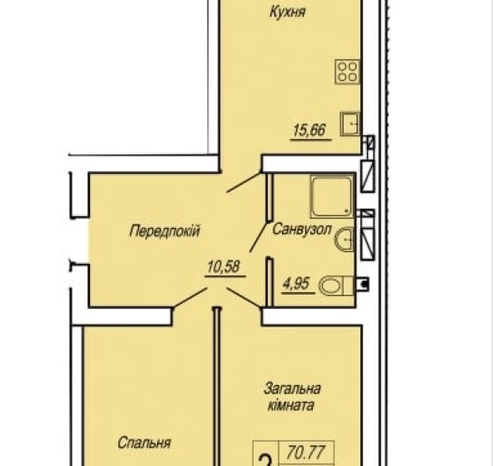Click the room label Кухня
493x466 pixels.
(287, 13)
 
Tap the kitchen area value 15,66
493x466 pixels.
(309, 129)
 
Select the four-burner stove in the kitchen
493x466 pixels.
(347, 72)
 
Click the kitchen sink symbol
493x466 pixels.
(350, 124)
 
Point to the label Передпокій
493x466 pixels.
(164, 230)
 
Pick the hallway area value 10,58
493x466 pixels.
(224, 266)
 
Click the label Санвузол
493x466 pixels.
(301, 229)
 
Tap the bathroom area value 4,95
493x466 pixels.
(296, 283)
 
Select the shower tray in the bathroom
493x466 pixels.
(332, 197)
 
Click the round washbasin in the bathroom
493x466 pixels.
(345, 239)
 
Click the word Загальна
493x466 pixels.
(292, 388)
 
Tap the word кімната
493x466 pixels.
(290, 405)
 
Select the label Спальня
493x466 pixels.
(144, 443)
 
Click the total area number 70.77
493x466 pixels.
(305, 452)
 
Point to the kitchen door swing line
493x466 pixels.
(244, 182)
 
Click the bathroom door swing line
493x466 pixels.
(259, 236)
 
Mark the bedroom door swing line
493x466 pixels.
(190, 297)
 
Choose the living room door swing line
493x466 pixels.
(244, 297)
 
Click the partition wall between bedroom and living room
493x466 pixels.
(217, 387)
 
